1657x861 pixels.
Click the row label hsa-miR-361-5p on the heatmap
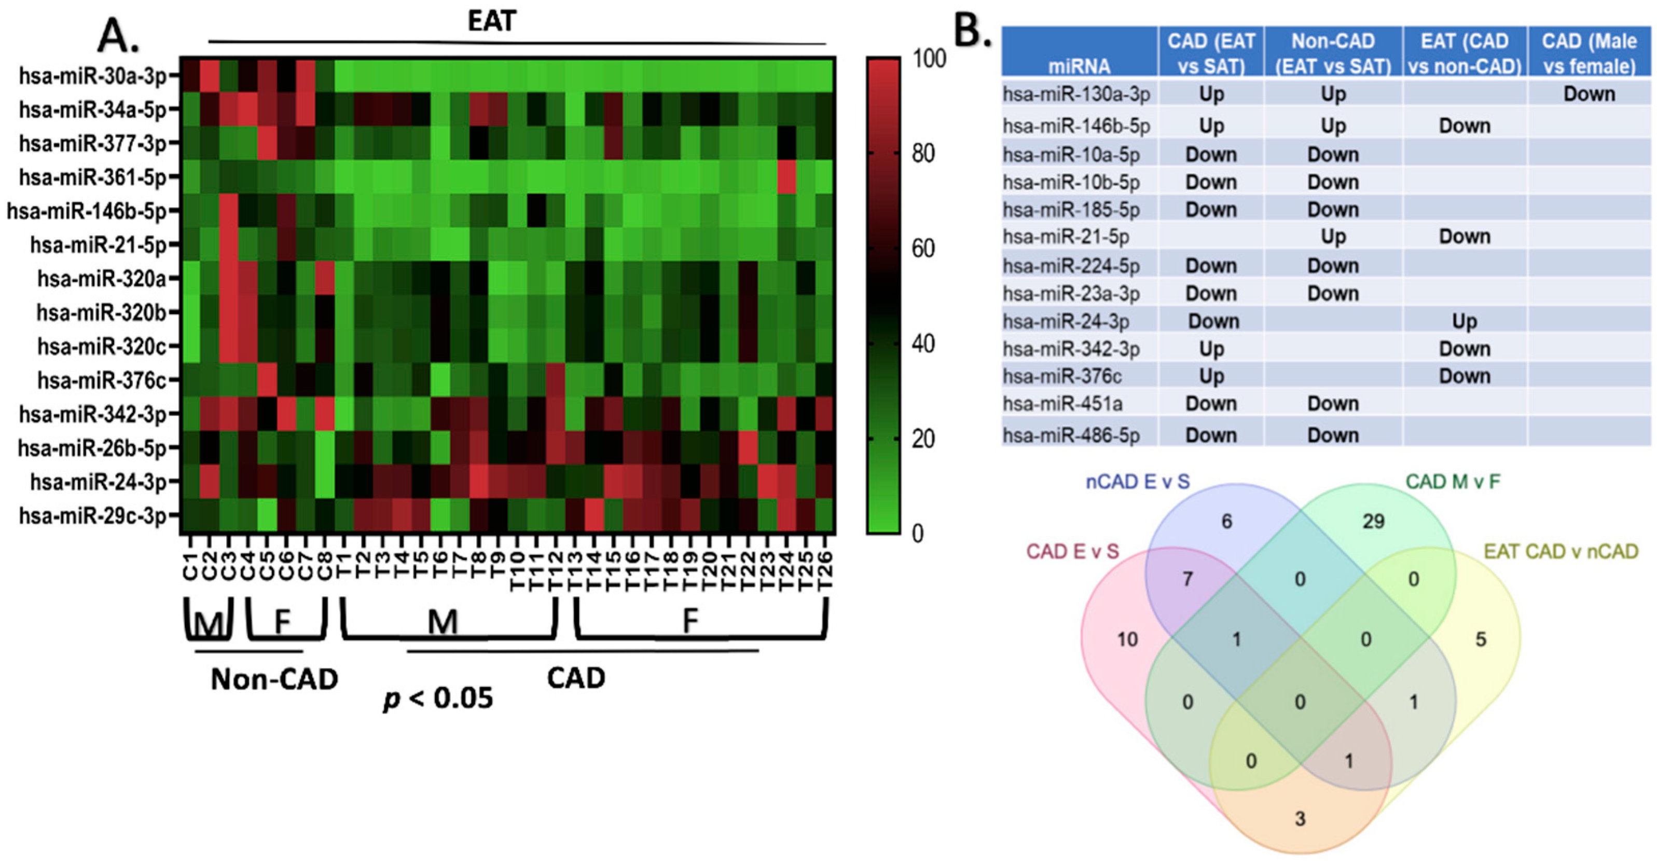[x=93, y=177]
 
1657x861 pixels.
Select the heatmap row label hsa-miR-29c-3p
[x=93, y=516]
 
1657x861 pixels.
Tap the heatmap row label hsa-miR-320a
[x=102, y=279]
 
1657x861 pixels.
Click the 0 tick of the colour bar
[x=917, y=534]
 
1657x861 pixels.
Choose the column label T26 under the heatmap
[x=825, y=569]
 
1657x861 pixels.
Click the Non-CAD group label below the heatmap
[x=274, y=679]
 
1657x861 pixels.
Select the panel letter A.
[x=118, y=35]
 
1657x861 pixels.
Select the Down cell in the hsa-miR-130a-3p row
[x=1589, y=94]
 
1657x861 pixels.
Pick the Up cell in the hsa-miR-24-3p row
[x=1464, y=321]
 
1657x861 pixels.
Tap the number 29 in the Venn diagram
[x=1373, y=521]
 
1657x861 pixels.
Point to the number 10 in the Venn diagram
[x=1127, y=639]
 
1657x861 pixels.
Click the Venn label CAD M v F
[x=1453, y=481]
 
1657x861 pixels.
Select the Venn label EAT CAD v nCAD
[x=1561, y=552]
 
